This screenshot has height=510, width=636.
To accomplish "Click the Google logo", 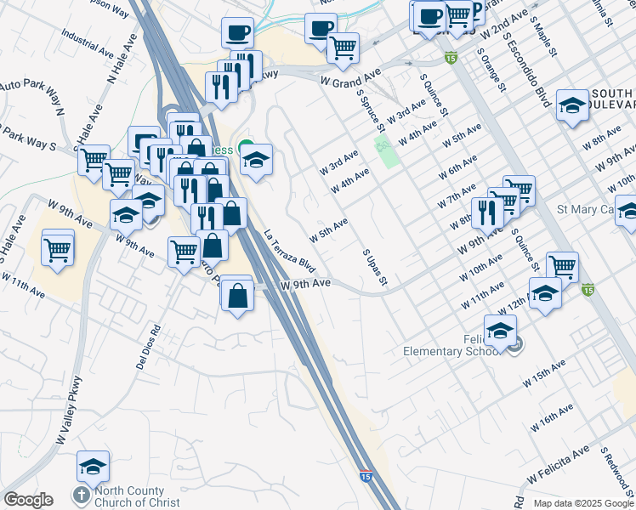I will pos(28,500).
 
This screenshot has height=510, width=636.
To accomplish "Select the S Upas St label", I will pos(375,267).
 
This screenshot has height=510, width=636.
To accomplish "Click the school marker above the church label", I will pos(94,467).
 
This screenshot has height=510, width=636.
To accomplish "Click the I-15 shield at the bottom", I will pos(365,477).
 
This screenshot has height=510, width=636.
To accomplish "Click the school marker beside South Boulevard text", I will pos(573,105).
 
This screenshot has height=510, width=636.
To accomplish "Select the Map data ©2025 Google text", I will pos(582,503).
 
